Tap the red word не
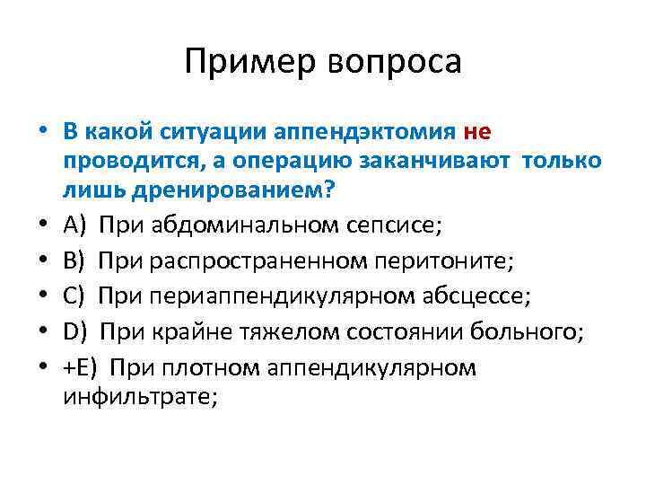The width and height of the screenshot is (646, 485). coord(477,132)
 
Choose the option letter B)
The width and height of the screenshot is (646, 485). coord(75,261)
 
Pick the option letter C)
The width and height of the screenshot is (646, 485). coord(75,297)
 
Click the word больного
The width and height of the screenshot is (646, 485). coord(536,332)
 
